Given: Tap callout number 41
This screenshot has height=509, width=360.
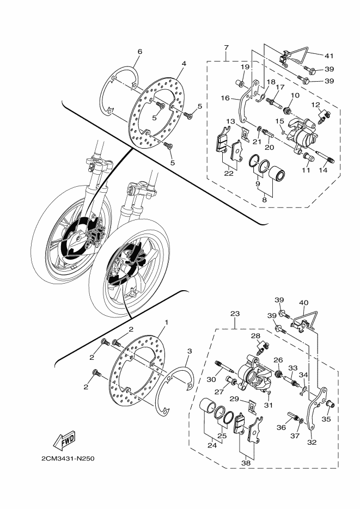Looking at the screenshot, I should point(328,55).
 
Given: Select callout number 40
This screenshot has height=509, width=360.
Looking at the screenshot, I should point(303,302).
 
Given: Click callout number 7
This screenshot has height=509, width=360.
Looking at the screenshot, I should point(225,48).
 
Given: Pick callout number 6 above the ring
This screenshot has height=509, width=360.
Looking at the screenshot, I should point(139,52).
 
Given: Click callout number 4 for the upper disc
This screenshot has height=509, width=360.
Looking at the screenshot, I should point(184,64).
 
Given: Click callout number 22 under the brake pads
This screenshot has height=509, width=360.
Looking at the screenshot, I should point(229,173).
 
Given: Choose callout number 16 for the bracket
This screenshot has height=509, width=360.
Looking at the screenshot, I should point(225,99).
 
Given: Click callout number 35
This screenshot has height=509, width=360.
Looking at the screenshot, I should point(327,419).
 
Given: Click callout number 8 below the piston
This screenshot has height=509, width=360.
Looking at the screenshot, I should point(265,200).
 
